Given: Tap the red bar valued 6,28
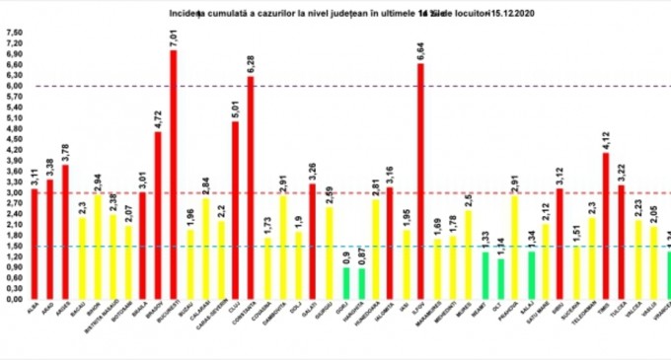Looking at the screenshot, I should pyautogui.click(x=251, y=187).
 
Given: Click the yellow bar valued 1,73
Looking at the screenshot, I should pyautogui.click(x=267, y=266).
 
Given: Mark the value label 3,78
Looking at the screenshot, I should pyautogui.click(x=65, y=149).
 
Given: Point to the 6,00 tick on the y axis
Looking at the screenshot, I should pyautogui.click(x=13, y=86).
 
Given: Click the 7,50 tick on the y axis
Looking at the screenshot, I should pyautogui.click(x=13, y=33).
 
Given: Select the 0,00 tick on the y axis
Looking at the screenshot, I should pyautogui.click(x=13, y=298).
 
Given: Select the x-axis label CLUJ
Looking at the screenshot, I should pyautogui.click(x=235, y=310).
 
